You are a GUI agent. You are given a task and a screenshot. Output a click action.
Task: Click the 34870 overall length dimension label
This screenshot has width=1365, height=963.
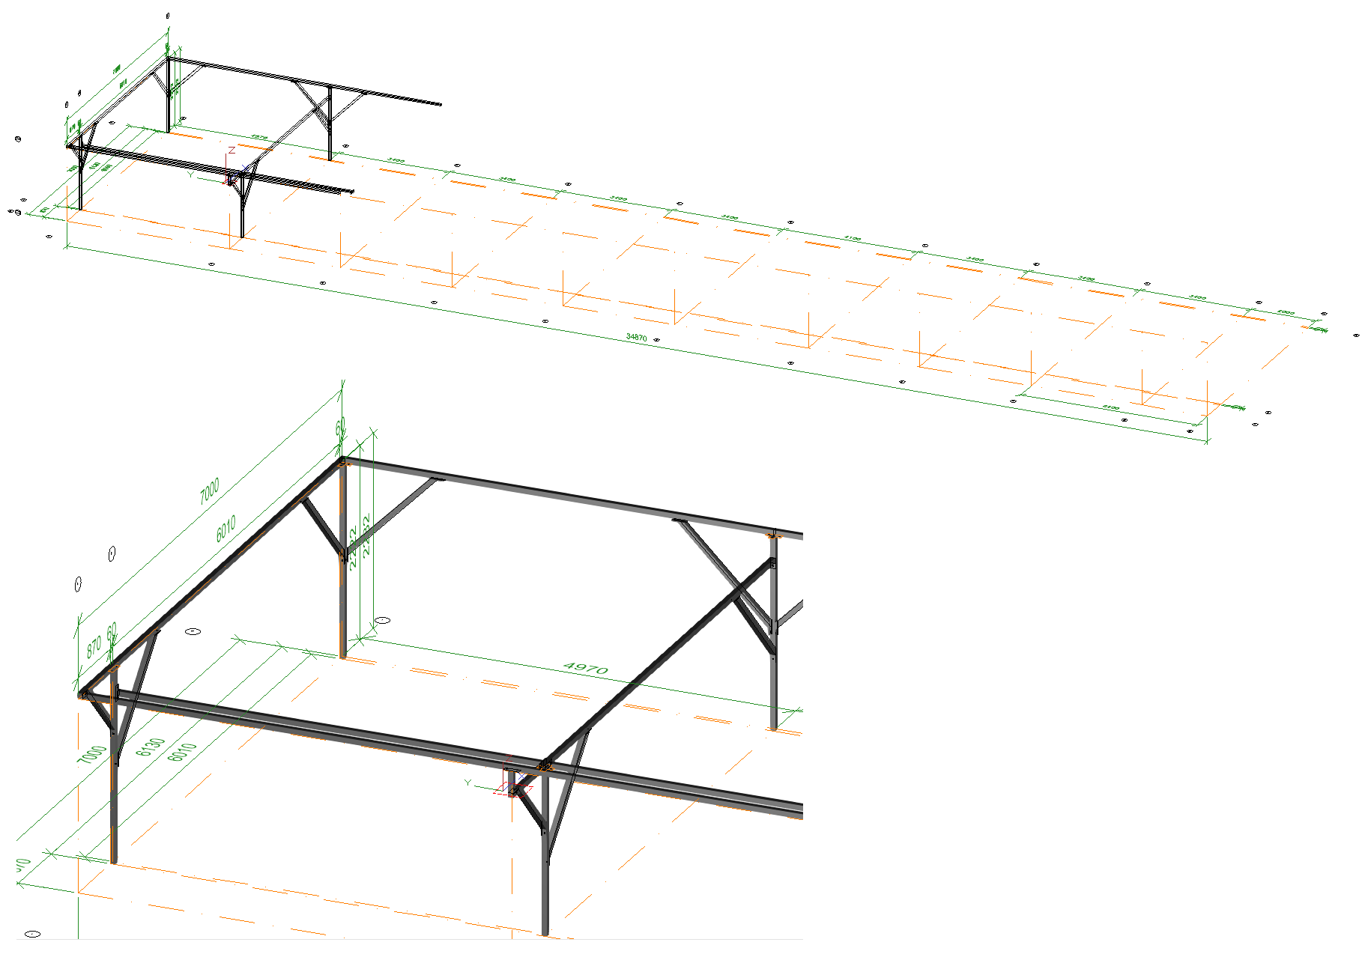click(636, 338)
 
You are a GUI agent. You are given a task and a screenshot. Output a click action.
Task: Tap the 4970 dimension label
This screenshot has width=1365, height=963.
click(585, 667)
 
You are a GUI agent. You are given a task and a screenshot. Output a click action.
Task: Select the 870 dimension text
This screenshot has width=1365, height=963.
click(94, 646)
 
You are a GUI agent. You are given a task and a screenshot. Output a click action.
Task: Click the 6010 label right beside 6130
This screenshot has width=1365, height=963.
click(182, 752)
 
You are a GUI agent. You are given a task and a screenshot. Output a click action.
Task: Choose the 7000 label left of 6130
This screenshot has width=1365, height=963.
click(92, 755)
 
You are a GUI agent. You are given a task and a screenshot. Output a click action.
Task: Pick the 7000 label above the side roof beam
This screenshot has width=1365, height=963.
click(209, 491)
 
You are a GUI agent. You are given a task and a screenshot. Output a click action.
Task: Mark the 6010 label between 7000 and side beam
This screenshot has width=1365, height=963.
click(226, 529)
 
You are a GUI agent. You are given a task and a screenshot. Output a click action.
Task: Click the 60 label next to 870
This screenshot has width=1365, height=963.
click(112, 633)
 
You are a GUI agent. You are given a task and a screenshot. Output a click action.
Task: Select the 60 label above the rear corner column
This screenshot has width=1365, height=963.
click(340, 428)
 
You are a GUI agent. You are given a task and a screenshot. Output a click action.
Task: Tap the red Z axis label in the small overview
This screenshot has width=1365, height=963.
click(232, 151)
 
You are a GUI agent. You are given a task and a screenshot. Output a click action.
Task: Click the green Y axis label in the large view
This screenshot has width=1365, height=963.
click(467, 783)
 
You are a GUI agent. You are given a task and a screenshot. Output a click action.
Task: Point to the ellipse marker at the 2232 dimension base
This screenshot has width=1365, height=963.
click(383, 621)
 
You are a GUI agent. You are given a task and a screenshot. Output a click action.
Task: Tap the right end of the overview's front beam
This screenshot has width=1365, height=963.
click(352, 192)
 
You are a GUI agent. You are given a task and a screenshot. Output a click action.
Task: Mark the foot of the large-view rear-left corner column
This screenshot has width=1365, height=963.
click(343, 656)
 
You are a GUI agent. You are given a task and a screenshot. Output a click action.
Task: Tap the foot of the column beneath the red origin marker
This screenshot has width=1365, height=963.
click(545, 933)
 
